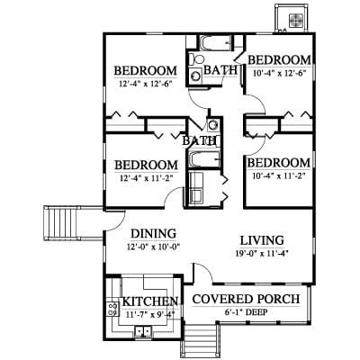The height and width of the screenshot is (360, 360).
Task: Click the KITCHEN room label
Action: pyautogui.click(x=150, y=301)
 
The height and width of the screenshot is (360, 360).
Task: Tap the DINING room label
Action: pyautogui.click(x=154, y=233)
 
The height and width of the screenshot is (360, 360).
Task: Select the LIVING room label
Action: pyautogui.click(x=262, y=240)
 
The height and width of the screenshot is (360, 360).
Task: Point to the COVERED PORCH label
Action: pyautogui.click(x=246, y=299)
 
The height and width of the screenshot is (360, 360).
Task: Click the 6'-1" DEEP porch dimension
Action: pyautogui.click(x=246, y=312)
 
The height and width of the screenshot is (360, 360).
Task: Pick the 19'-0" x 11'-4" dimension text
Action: pyautogui.click(x=262, y=254)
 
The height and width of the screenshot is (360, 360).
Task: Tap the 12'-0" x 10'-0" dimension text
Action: pyautogui.click(x=153, y=247)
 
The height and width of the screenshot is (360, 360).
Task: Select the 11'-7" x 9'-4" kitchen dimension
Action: pyautogui.click(x=150, y=314)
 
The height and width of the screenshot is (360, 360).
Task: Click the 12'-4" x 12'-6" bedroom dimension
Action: pyautogui.click(x=146, y=84)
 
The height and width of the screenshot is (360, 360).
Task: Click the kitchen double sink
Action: pyautogui.click(x=143, y=331)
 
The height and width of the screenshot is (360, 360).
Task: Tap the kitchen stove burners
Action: pyautogui.click(x=112, y=309)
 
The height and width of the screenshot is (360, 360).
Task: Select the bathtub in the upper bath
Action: pyautogui.click(x=215, y=43)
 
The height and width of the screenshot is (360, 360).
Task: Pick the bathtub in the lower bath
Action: pyautogui.click(x=204, y=159)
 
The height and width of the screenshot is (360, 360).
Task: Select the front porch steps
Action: pyautogui.click(x=201, y=341)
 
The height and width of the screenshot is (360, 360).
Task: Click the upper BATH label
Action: pyautogui.click(x=220, y=70)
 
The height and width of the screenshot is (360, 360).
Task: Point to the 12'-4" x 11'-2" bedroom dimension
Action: pyautogui.click(x=146, y=178)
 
